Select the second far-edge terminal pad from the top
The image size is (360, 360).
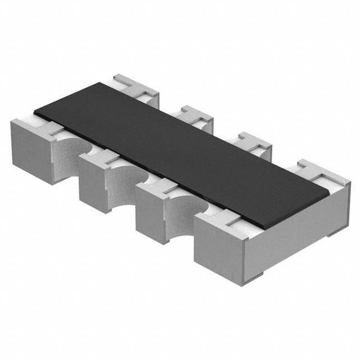[x=194, y=115]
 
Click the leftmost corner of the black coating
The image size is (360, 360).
[x=35, y=110]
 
